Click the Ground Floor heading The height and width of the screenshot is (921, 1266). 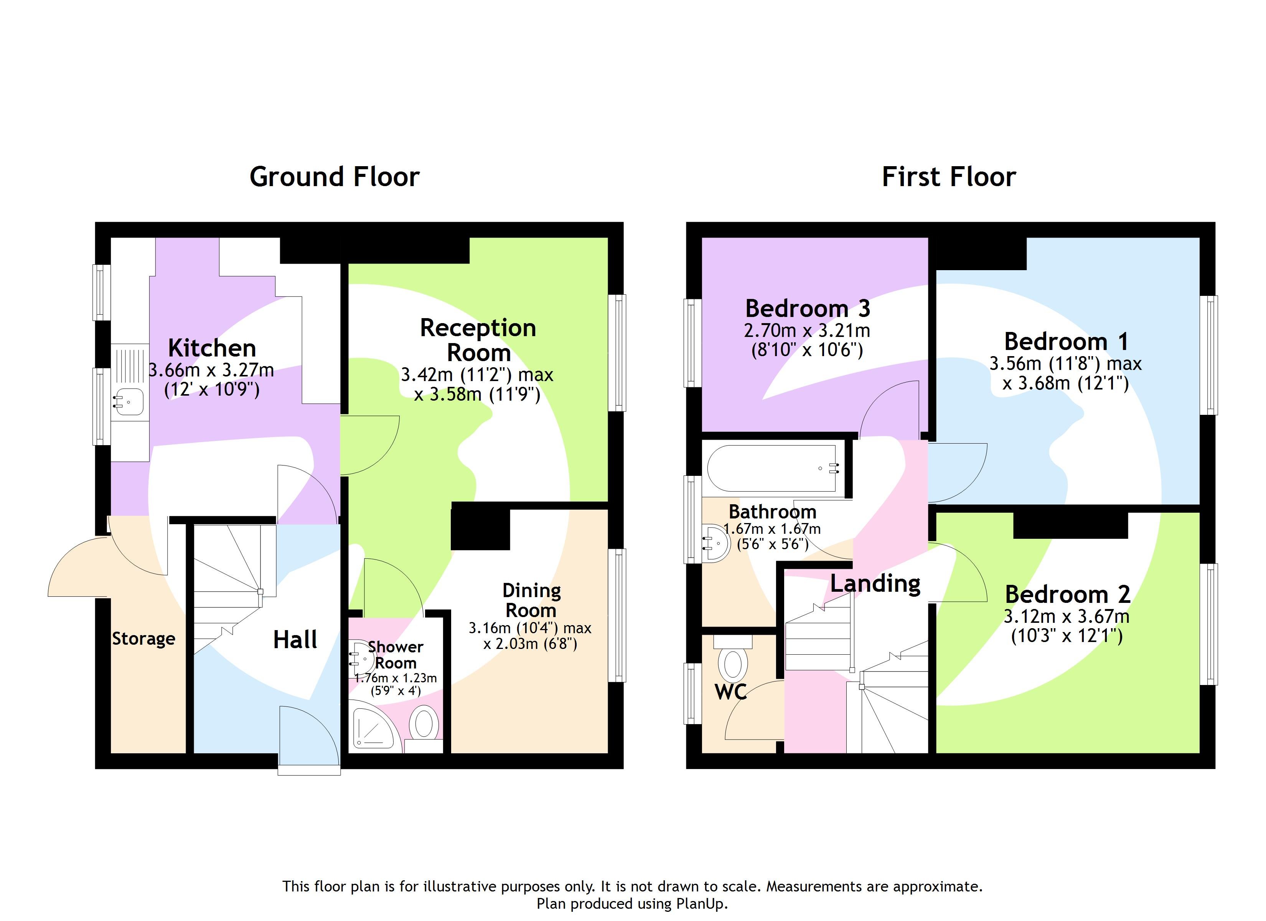[335, 177]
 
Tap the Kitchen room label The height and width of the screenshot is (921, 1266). [212, 348]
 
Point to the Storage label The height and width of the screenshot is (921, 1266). [143, 639]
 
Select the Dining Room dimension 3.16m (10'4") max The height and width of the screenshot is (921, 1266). [530, 628]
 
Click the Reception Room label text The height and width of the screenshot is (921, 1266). [478, 340]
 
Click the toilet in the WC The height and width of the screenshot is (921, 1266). [732, 663]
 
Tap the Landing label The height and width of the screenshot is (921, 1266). [875, 584]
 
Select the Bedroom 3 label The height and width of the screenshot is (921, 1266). [807, 308]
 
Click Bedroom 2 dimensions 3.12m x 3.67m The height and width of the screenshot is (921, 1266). [1066, 617]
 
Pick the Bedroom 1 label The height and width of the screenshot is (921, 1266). [1066, 341]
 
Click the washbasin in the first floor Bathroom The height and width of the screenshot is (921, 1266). [715, 542]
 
